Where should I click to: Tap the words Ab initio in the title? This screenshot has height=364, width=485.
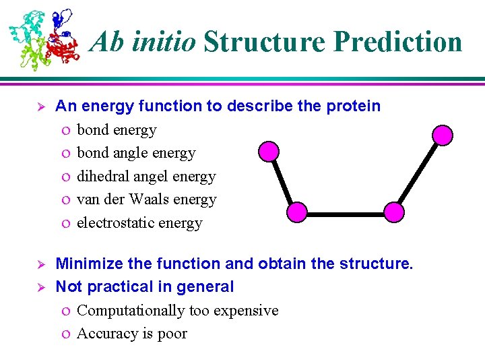[x=143, y=42]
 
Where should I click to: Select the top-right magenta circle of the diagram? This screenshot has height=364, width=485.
[x=443, y=135]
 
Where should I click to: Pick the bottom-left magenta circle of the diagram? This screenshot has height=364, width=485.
[x=296, y=213]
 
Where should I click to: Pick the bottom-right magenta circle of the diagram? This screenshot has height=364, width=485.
[x=394, y=213]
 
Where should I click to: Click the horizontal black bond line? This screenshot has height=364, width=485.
[x=345, y=214]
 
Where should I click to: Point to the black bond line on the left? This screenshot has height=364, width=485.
[x=283, y=182]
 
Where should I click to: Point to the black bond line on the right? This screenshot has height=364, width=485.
[x=418, y=174]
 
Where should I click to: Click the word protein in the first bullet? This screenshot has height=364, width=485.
[x=355, y=107]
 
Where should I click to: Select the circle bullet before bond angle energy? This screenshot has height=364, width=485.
[x=63, y=154]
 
